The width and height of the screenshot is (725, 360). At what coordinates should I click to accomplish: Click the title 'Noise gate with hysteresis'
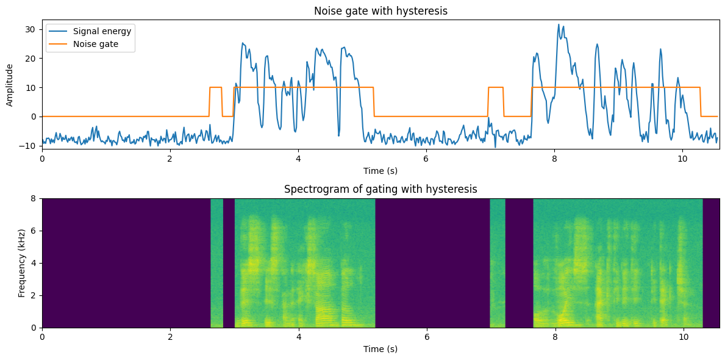380,11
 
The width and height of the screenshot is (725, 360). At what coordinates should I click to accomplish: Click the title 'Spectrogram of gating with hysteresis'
380,189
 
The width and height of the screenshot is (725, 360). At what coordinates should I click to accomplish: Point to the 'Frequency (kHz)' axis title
22,263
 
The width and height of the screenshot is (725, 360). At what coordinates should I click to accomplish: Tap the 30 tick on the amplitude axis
34,30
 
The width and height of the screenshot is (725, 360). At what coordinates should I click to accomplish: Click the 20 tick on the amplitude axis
34,59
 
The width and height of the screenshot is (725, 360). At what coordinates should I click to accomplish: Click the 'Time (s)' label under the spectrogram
380,349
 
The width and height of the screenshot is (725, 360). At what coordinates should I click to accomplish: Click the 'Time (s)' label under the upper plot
380,171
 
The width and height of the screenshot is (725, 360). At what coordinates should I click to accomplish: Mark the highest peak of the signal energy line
559,24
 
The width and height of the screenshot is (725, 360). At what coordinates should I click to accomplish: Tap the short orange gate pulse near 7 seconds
496,87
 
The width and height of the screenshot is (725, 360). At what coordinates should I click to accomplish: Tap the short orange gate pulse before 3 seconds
215,87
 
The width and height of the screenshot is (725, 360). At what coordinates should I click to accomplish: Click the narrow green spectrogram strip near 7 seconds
498,263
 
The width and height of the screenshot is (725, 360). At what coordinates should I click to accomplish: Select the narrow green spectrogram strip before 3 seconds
217,263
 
